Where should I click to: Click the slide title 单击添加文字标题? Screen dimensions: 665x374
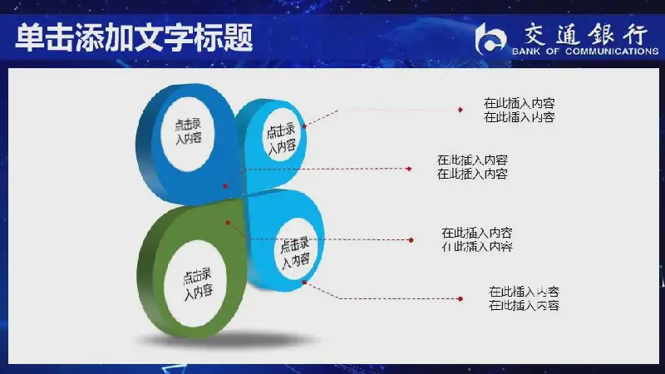pos(135,38)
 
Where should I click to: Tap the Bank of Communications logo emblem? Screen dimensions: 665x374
pos(490,39)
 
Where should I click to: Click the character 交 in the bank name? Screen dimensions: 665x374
pos(535,34)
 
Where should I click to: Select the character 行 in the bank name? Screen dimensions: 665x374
pos(635,34)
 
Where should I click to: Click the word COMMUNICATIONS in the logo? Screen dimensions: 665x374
pos(612,52)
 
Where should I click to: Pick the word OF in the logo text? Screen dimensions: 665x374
pos(553,52)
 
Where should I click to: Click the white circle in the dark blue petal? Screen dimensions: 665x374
pos(188,133)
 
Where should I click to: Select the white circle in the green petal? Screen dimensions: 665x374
pos(195,283)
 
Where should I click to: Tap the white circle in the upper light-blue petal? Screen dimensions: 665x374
pos(281,137)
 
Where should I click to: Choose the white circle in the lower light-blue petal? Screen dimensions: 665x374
pos(297,250)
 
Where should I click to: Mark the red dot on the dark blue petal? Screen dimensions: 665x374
pos(225,186)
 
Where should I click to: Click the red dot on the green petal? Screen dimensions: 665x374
pos(228,223)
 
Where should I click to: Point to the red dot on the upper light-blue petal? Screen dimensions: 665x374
pos(304,126)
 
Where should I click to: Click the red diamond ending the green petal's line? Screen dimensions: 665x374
pos(411,240)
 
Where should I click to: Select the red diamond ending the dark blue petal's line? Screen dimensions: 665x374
pos(409,169)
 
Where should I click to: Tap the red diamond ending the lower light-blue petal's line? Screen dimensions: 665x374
pos(461,299)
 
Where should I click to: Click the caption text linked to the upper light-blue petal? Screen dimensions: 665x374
pos(519,111)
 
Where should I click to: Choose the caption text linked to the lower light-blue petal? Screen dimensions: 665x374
pos(524,298)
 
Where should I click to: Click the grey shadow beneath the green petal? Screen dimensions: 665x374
pos(227,340)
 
